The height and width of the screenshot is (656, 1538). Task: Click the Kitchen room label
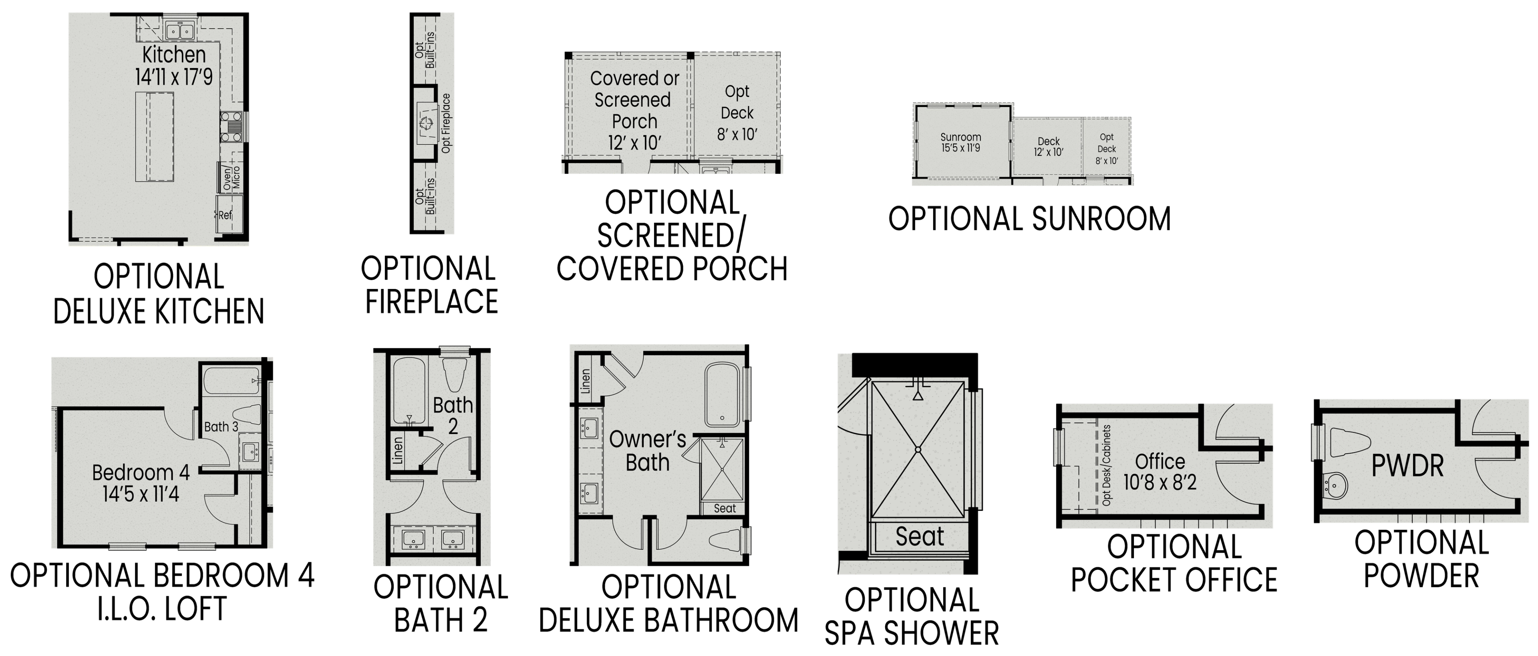click(x=174, y=55)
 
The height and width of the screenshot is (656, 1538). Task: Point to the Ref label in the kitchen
click(x=225, y=215)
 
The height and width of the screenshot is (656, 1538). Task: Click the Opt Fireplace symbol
click(x=425, y=124)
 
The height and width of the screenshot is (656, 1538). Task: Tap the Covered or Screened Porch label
click(x=634, y=100)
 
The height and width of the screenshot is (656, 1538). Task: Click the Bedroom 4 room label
click(x=141, y=473)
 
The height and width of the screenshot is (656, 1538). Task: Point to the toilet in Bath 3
click(x=246, y=415)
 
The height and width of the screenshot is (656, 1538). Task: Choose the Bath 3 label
click(x=221, y=426)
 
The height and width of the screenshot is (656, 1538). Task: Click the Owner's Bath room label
click(x=647, y=451)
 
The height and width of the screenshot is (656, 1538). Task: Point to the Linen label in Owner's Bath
click(x=586, y=381)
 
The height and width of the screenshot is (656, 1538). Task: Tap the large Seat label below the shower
click(x=920, y=537)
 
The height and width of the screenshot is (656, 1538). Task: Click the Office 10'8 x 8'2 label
click(x=1160, y=471)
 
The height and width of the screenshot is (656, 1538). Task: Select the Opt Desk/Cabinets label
click(x=1106, y=465)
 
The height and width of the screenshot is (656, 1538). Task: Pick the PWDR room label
click(x=1407, y=466)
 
